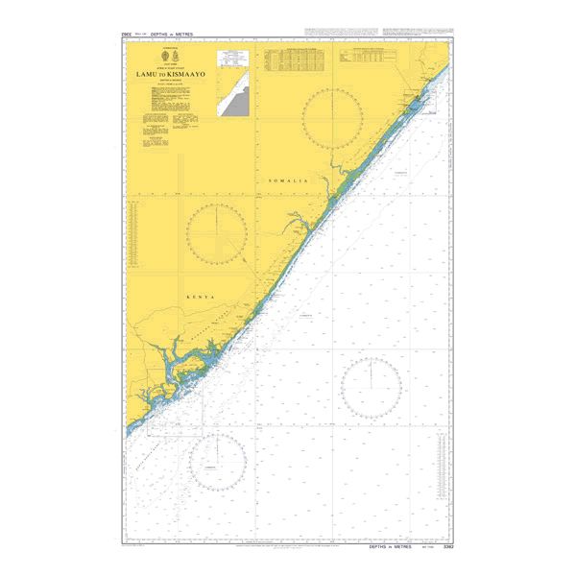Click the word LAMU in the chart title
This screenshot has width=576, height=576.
coord(149,74)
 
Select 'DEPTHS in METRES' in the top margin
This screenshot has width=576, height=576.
coord(172,35)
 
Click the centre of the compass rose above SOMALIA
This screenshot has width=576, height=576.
coord(332,118)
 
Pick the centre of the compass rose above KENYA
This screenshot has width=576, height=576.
coord(217,233)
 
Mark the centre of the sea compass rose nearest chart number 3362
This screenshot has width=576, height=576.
coord(372,388)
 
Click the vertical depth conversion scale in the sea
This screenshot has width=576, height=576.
coord(442,470)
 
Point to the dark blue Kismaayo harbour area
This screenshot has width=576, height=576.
coord(415,104)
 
